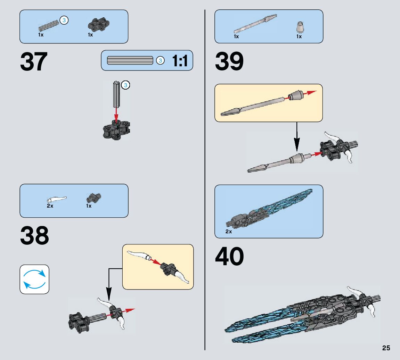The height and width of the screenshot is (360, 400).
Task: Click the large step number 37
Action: [34, 62]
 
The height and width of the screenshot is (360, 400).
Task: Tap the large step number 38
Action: [34, 236]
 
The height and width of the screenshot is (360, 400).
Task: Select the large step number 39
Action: [229, 62]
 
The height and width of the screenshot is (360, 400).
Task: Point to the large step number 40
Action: [229, 257]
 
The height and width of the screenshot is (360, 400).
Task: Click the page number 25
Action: [386, 348]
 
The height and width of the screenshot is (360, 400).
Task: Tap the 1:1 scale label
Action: [180, 61]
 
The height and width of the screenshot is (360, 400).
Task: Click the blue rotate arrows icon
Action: [34, 279]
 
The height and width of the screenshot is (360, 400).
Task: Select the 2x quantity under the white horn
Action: [50, 206]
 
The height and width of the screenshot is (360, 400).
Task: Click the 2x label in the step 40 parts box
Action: [228, 232]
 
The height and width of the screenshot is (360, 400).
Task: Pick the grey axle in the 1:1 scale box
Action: [130, 60]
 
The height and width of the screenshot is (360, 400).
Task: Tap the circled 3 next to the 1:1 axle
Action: [160, 60]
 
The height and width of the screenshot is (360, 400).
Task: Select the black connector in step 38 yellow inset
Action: [168, 268]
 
